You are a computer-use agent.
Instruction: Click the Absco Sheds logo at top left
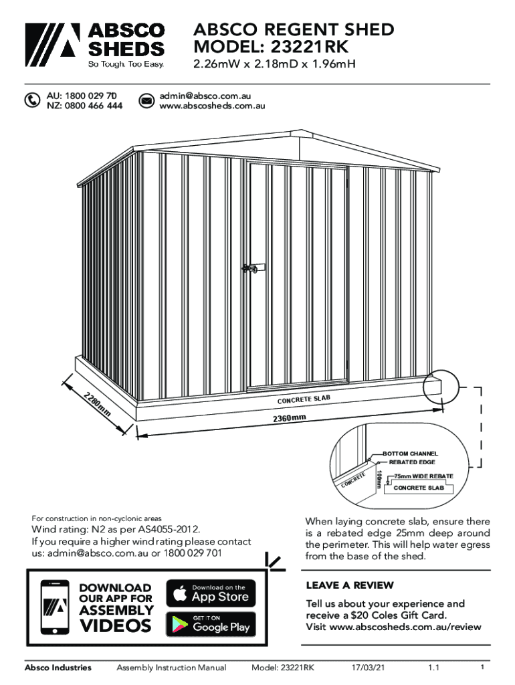point(94,45)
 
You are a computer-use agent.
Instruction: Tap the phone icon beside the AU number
point(32,100)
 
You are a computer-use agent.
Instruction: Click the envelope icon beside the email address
point(146,100)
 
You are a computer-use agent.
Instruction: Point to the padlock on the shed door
point(253,268)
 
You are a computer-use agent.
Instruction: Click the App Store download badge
point(211,593)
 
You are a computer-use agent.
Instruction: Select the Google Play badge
point(211,624)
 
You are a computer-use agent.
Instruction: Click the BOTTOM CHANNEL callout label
point(410,454)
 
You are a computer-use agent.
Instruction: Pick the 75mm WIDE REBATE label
point(424,476)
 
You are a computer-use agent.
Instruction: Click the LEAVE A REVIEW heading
point(350,585)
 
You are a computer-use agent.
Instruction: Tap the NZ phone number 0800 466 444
point(84,106)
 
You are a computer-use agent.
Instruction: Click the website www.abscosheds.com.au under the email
point(213,106)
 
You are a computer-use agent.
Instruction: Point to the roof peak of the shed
point(303,131)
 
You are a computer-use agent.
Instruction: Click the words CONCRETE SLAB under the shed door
point(304,399)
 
